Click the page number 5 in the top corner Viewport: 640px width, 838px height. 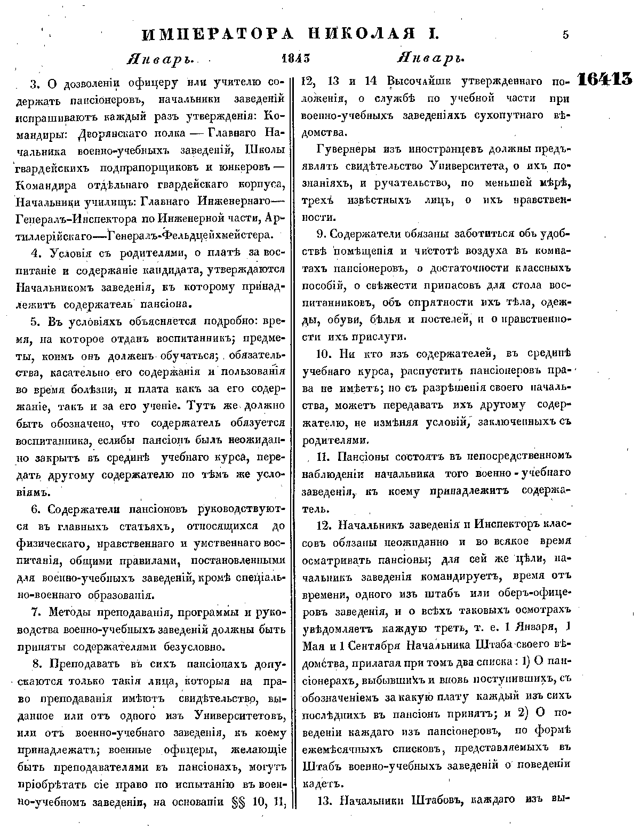(565, 35)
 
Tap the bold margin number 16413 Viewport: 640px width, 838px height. (604, 80)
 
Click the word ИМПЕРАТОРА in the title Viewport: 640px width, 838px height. (218, 35)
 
